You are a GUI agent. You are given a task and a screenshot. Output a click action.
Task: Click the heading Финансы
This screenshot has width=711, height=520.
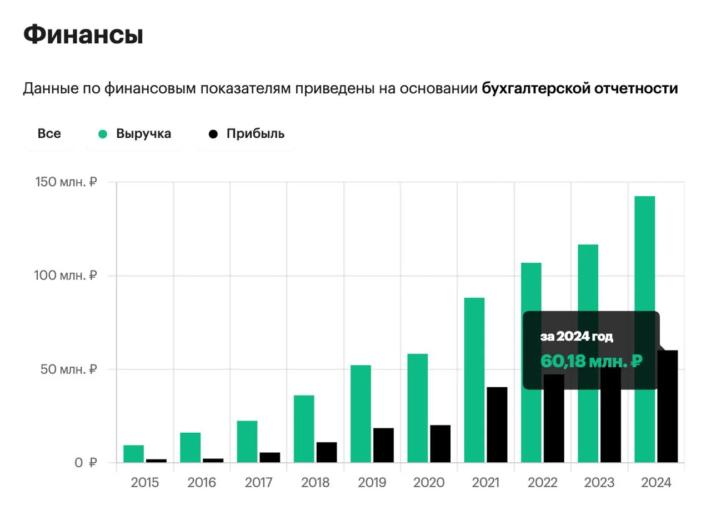[x=83, y=36]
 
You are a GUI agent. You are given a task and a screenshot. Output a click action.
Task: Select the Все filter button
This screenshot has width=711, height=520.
[x=49, y=134]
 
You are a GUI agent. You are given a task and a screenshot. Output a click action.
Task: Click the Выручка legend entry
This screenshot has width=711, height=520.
[x=136, y=134]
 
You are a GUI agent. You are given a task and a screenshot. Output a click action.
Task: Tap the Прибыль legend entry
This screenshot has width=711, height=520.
[x=247, y=134]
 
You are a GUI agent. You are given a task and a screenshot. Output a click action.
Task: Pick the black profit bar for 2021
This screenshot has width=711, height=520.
[x=497, y=424]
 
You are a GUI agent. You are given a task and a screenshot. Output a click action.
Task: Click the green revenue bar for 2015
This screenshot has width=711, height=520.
[x=133, y=454]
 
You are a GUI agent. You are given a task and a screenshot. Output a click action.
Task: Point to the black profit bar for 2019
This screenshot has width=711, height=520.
[x=383, y=445]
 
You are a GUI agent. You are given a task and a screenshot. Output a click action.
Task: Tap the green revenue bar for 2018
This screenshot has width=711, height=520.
[x=304, y=428]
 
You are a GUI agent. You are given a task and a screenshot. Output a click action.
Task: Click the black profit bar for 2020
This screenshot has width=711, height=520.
[x=440, y=443]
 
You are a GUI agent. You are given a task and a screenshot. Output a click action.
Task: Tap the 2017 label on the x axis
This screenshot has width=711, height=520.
[x=258, y=483]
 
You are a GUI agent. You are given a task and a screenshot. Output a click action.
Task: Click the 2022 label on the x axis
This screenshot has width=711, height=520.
[x=542, y=483]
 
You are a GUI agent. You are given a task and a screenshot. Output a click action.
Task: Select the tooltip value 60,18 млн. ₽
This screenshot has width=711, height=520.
[x=591, y=362]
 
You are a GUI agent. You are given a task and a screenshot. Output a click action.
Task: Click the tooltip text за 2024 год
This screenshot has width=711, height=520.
[x=577, y=337]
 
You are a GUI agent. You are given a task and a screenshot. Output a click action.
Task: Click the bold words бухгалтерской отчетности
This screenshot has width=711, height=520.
[x=579, y=89]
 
